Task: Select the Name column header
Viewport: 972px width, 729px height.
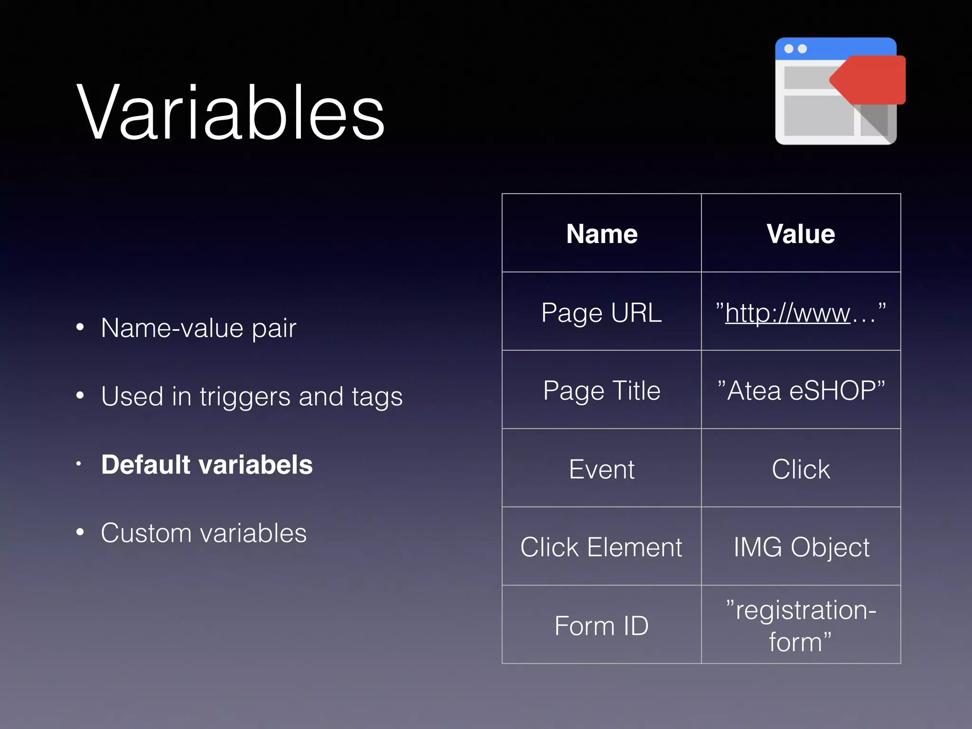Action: pos(601,234)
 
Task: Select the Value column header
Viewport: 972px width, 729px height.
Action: pos(801,234)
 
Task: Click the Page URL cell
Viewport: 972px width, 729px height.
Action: pos(601,312)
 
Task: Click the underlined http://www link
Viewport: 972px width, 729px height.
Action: pos(788,313)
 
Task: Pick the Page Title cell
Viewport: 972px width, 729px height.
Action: pos(601,391)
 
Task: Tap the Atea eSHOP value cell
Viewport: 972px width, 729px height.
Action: pos(801,391)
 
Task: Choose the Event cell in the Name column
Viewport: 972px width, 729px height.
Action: pos(601,469)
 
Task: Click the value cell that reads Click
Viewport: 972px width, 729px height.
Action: pos(801,469)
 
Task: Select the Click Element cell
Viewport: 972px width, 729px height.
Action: pos(601,547)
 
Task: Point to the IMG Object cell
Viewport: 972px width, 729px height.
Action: pos(801,547)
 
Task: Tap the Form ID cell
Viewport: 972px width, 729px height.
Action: pos(601,625)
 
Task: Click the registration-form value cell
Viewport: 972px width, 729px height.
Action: pos(801,625)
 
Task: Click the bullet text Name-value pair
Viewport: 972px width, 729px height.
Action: pos(198,328)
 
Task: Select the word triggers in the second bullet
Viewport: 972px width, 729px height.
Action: pos(244,397)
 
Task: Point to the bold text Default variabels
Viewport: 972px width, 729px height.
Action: pos(207,464)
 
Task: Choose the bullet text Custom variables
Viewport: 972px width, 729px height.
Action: pos(204,533)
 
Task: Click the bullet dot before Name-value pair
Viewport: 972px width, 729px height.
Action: pos(80,327)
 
